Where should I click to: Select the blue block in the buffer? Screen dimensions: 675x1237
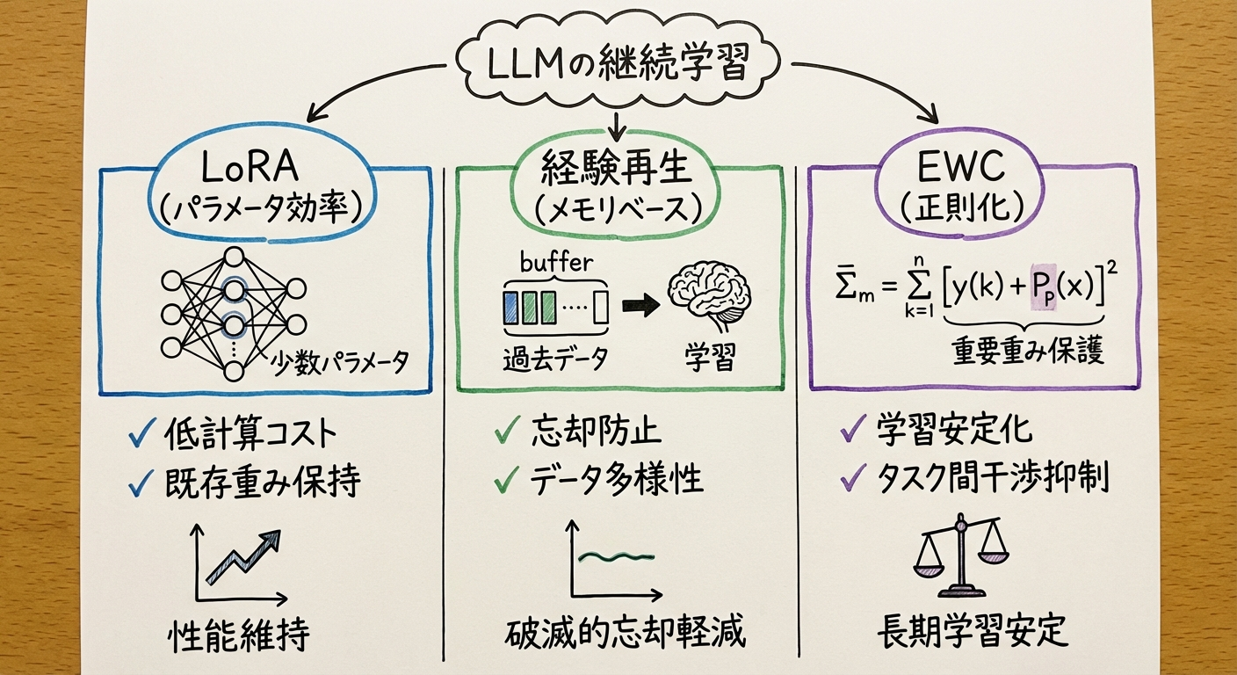510,308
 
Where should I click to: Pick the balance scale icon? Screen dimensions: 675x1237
959,554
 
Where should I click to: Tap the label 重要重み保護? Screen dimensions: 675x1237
1029,352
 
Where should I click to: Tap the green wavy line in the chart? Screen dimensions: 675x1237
619,556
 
